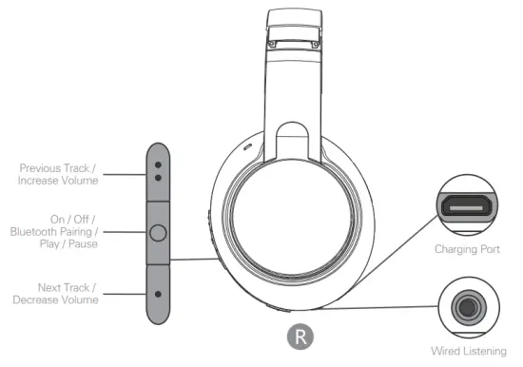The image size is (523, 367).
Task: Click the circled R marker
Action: tap(300, 336)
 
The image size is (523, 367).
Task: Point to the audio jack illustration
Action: tap(465, 307)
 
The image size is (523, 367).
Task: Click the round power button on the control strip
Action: tap(158, 231)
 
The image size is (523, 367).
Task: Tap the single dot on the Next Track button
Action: tap(158, 293)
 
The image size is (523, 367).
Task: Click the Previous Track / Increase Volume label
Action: tap(58, 174)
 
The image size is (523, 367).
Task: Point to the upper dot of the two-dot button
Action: tap(158, 163)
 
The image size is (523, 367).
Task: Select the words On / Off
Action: tap(75, 218)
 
